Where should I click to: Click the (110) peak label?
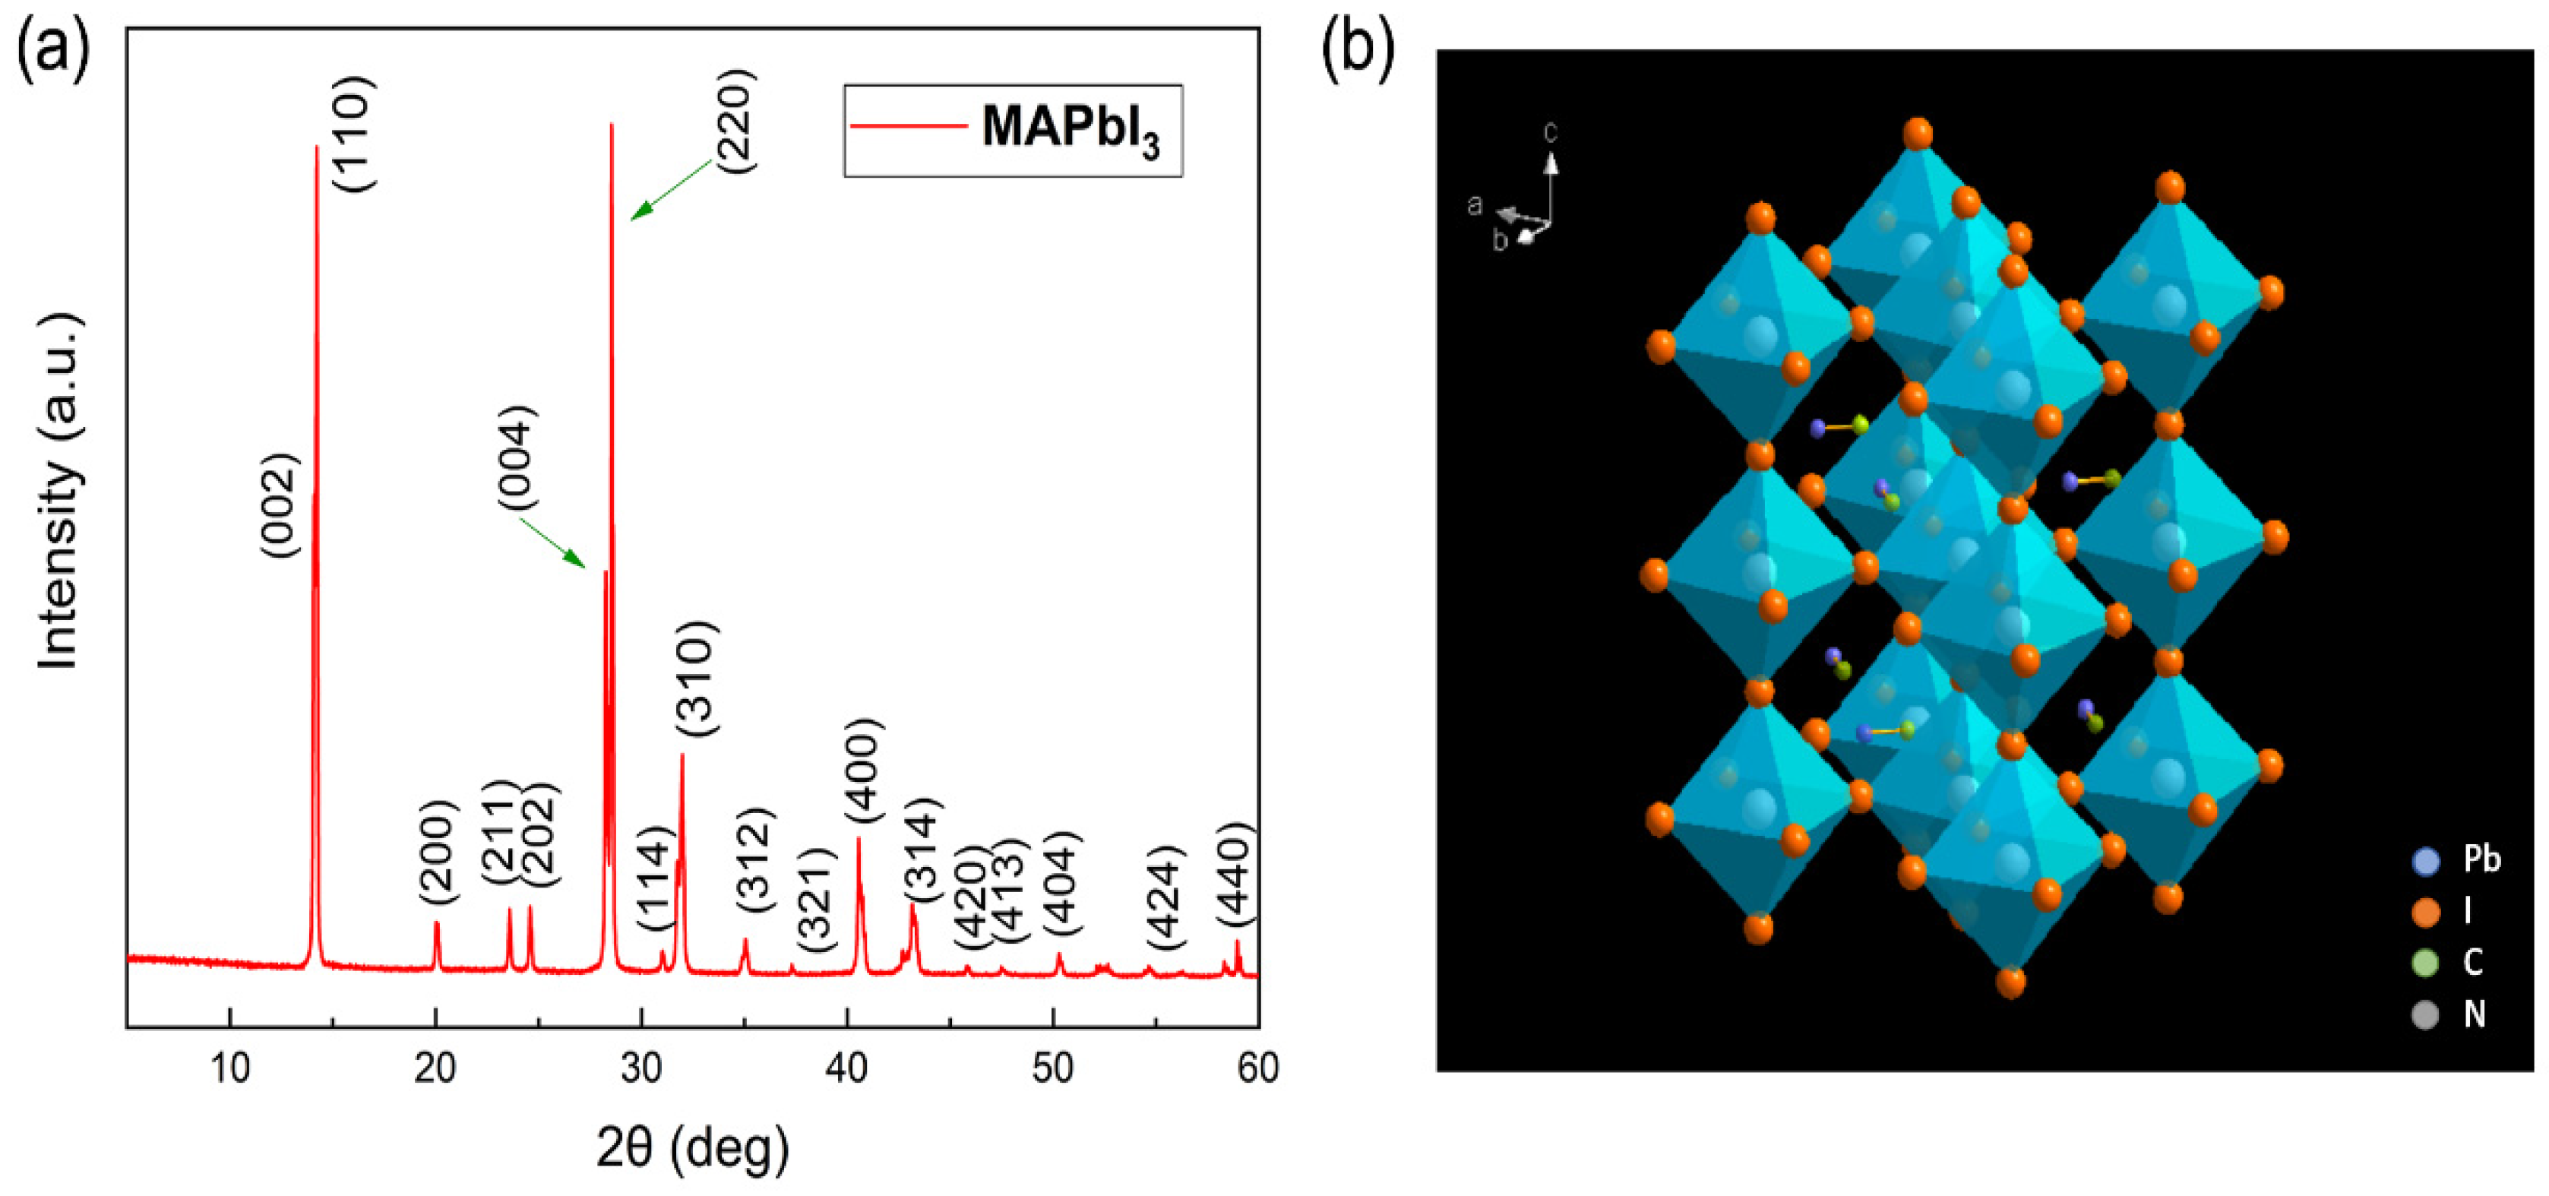[x=353, y=134]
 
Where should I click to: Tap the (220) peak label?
[x=735, y=121]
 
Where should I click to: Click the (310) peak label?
[x=696, y=679]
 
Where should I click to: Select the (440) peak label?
[x=1235, y=875]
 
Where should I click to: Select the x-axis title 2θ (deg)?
[x=693, y=1147]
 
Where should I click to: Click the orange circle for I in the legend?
[x=2425, y=912]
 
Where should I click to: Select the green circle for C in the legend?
[x=2425, y=963]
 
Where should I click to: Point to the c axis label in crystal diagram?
[x=1551, y=131]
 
